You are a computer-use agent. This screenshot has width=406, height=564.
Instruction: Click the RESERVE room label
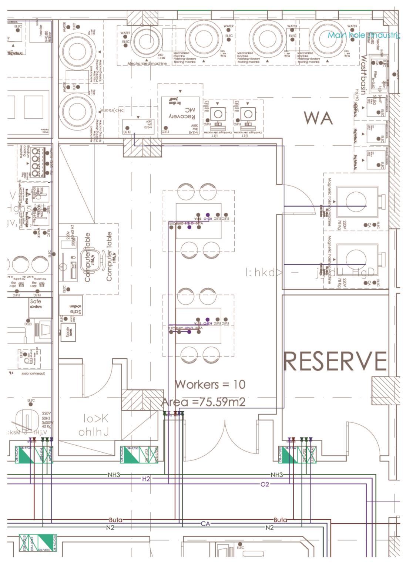335,361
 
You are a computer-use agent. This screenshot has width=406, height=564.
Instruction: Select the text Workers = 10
210,384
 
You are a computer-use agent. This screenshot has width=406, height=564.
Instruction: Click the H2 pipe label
146,479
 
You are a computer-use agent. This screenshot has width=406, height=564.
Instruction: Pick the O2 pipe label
265,484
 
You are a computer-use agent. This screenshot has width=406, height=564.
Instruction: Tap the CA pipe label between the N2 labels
205,524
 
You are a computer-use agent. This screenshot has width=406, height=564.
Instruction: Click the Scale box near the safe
68,332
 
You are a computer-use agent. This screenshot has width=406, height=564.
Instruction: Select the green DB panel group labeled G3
141,455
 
